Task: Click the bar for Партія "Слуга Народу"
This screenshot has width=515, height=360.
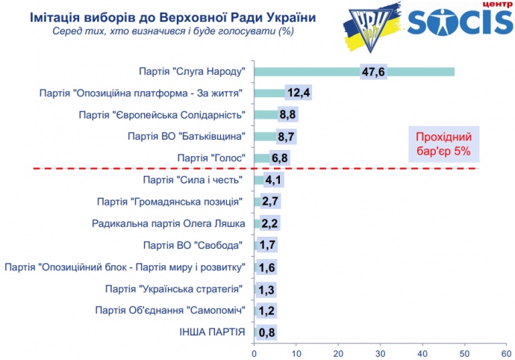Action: coord(354,72)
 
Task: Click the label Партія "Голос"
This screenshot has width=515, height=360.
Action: coord(213,158)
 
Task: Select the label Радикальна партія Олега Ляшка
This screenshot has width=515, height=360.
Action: coord(169,223)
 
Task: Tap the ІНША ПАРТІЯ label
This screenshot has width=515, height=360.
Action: coord(212,332)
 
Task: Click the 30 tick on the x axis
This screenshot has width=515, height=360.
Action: coord(381,352)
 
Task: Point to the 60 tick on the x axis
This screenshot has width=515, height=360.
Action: coord(507,352)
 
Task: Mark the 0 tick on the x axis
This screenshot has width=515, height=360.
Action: coord(255,352)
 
